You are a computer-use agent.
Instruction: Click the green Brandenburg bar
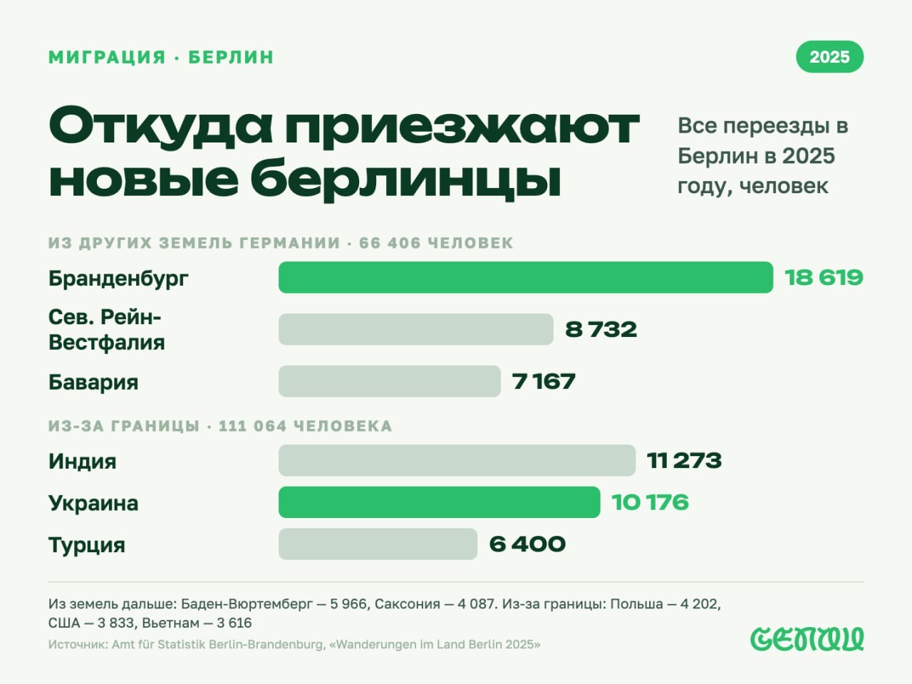coord(526,277)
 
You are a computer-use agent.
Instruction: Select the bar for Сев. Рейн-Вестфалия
coord(416,329)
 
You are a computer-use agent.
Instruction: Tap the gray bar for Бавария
coord(390,381)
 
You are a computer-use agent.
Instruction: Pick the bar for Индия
coord(457,460)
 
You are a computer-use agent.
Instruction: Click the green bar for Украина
coord(439,502)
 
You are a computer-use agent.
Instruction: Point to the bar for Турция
coord(378,544)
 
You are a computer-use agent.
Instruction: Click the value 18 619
coord(824,278)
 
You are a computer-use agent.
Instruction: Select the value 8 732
coord(601,330)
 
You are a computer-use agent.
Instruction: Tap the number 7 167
coord(544,382)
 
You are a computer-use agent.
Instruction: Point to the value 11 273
coord(684,461)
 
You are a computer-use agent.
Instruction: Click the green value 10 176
coord(651,502)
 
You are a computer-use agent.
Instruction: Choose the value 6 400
coord(527,544)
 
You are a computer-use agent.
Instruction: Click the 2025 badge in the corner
coord(829,56)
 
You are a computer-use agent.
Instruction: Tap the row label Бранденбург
coord(118,279)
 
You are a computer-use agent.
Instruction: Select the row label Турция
coord(87,545)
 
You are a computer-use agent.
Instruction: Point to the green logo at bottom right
coord(807,638)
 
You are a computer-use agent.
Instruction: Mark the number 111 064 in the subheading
coord(253,426)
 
